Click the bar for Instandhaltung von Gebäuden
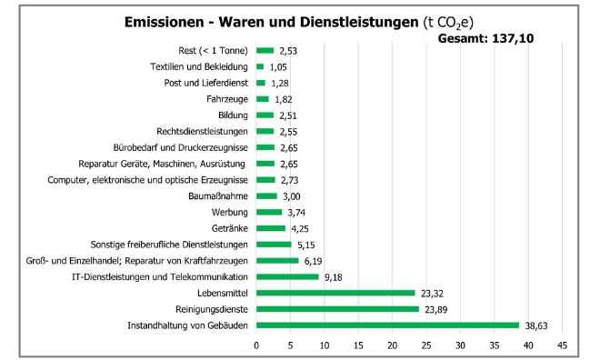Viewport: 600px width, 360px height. (387, 325)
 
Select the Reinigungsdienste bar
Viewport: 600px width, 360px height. (337, 309)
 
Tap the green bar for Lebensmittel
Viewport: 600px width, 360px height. (336, 293)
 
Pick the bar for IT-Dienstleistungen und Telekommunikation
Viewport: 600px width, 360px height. (287, 276)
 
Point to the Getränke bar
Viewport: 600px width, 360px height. (271, 228)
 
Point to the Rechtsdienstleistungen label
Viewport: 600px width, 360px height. (202, 131)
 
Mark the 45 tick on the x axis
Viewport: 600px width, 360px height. (562, 345)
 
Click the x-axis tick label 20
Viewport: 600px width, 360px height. (392, 345)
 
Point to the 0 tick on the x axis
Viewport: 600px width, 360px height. (256, 345)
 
